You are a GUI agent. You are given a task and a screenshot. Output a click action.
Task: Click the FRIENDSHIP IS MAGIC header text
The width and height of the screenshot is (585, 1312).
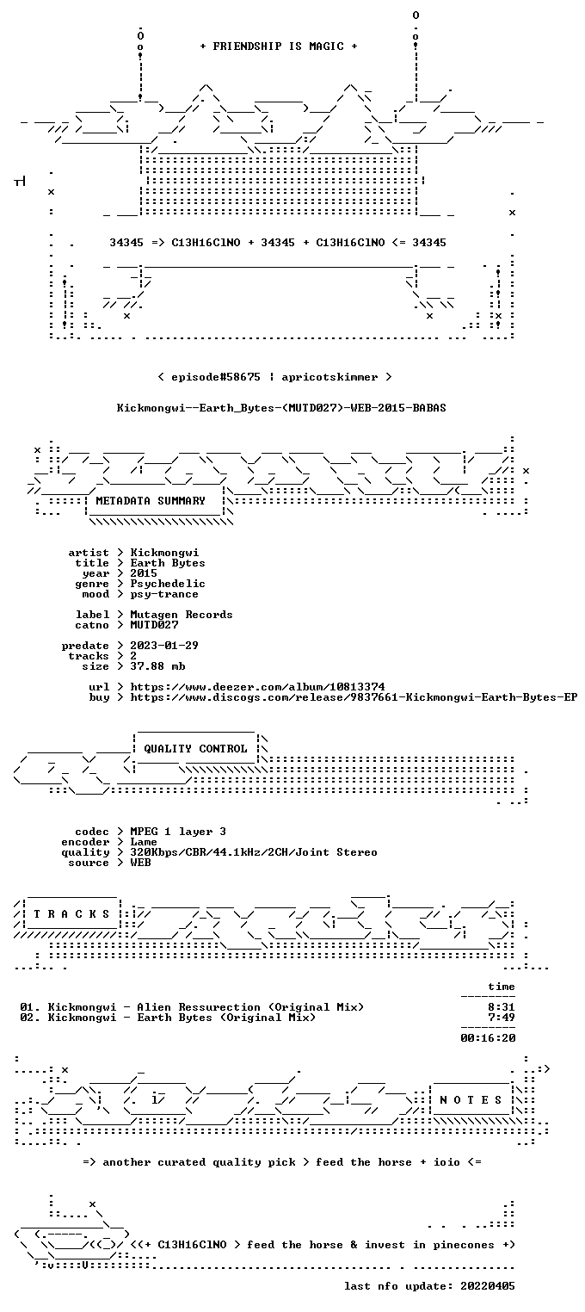[x=278, y=46]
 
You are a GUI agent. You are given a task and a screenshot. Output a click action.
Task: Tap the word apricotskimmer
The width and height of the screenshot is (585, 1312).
[x=329, y=377]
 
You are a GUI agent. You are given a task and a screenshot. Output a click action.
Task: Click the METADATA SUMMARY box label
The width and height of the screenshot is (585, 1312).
[x=151, y=501]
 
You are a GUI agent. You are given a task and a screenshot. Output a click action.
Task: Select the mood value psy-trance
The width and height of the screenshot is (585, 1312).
[x=164, y=595]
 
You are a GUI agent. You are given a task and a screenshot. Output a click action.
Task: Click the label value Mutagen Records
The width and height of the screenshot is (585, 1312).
[x=181, y=615]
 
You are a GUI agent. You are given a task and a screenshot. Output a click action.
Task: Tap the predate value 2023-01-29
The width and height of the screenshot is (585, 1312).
[x=164, y=646]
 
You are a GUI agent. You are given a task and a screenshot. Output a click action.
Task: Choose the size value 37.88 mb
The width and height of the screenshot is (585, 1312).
[x=157, y=666]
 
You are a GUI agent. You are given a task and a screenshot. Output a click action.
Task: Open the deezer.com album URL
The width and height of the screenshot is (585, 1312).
[x=257, y=687]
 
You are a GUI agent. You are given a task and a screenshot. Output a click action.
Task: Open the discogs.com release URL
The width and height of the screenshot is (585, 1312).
[x=354, y=697]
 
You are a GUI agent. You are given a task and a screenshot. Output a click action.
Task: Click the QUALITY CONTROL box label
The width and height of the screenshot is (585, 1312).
[x=195, y=749]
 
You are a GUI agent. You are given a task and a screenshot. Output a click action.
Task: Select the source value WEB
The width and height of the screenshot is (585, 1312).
[x=140, y=863]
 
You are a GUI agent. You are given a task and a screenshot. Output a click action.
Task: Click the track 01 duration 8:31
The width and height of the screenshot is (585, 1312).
[x=502, y=1007]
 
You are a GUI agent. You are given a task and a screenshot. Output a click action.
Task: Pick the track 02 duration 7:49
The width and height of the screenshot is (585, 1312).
[x=502, y=1018]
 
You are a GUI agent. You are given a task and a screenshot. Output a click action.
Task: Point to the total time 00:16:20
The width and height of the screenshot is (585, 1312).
[x=488, y=1038]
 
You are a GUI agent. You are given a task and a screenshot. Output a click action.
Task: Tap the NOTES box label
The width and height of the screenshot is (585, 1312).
[x=471, y=1100]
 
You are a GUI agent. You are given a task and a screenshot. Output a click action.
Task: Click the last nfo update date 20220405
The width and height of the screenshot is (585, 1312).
[x=488, y=1286]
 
